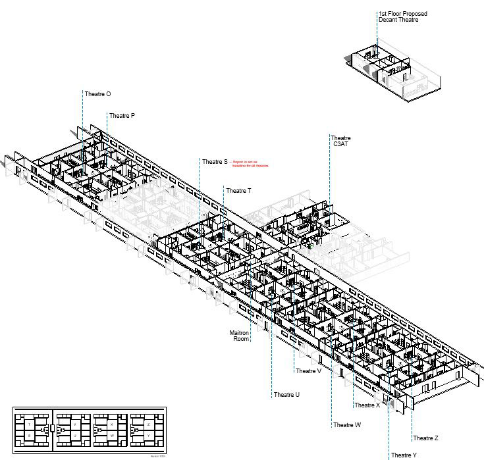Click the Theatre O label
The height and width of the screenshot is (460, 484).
(97, 94)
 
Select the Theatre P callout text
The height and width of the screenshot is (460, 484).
(122, 116)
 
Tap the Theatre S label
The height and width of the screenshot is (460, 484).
(215, 162)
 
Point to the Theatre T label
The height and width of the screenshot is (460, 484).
(238, 191)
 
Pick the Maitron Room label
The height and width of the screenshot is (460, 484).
(240, 336)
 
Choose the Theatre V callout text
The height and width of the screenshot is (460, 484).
(308, 371)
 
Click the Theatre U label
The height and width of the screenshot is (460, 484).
(286, 395)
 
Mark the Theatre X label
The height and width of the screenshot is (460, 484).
(367, 405)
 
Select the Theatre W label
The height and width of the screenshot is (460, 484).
(347, 425)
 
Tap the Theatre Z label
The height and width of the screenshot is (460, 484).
(426, 438)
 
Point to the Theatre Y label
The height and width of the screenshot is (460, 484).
(404, 455)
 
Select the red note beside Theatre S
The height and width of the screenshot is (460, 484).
(250, 164)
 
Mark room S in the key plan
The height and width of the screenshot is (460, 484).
(30, 436)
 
